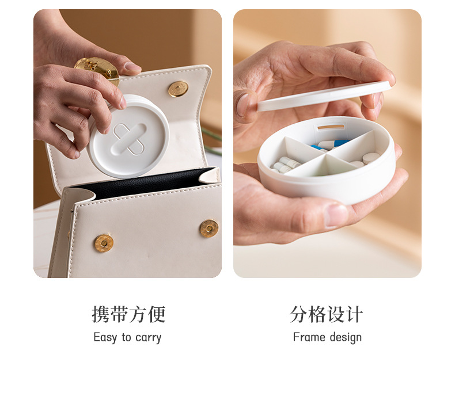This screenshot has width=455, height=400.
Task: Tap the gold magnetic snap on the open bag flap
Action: point(177,89)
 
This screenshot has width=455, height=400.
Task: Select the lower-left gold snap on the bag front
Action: point(104,243)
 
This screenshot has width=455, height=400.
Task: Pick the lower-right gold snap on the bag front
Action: point(208,228)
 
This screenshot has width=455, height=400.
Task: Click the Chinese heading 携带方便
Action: point(128,314)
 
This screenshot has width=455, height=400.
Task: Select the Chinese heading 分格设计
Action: point(327,314)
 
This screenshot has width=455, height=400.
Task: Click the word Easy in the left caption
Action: point(105,337)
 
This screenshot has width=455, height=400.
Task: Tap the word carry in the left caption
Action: point(148,338)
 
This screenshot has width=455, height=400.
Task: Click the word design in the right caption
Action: point(344,338)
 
